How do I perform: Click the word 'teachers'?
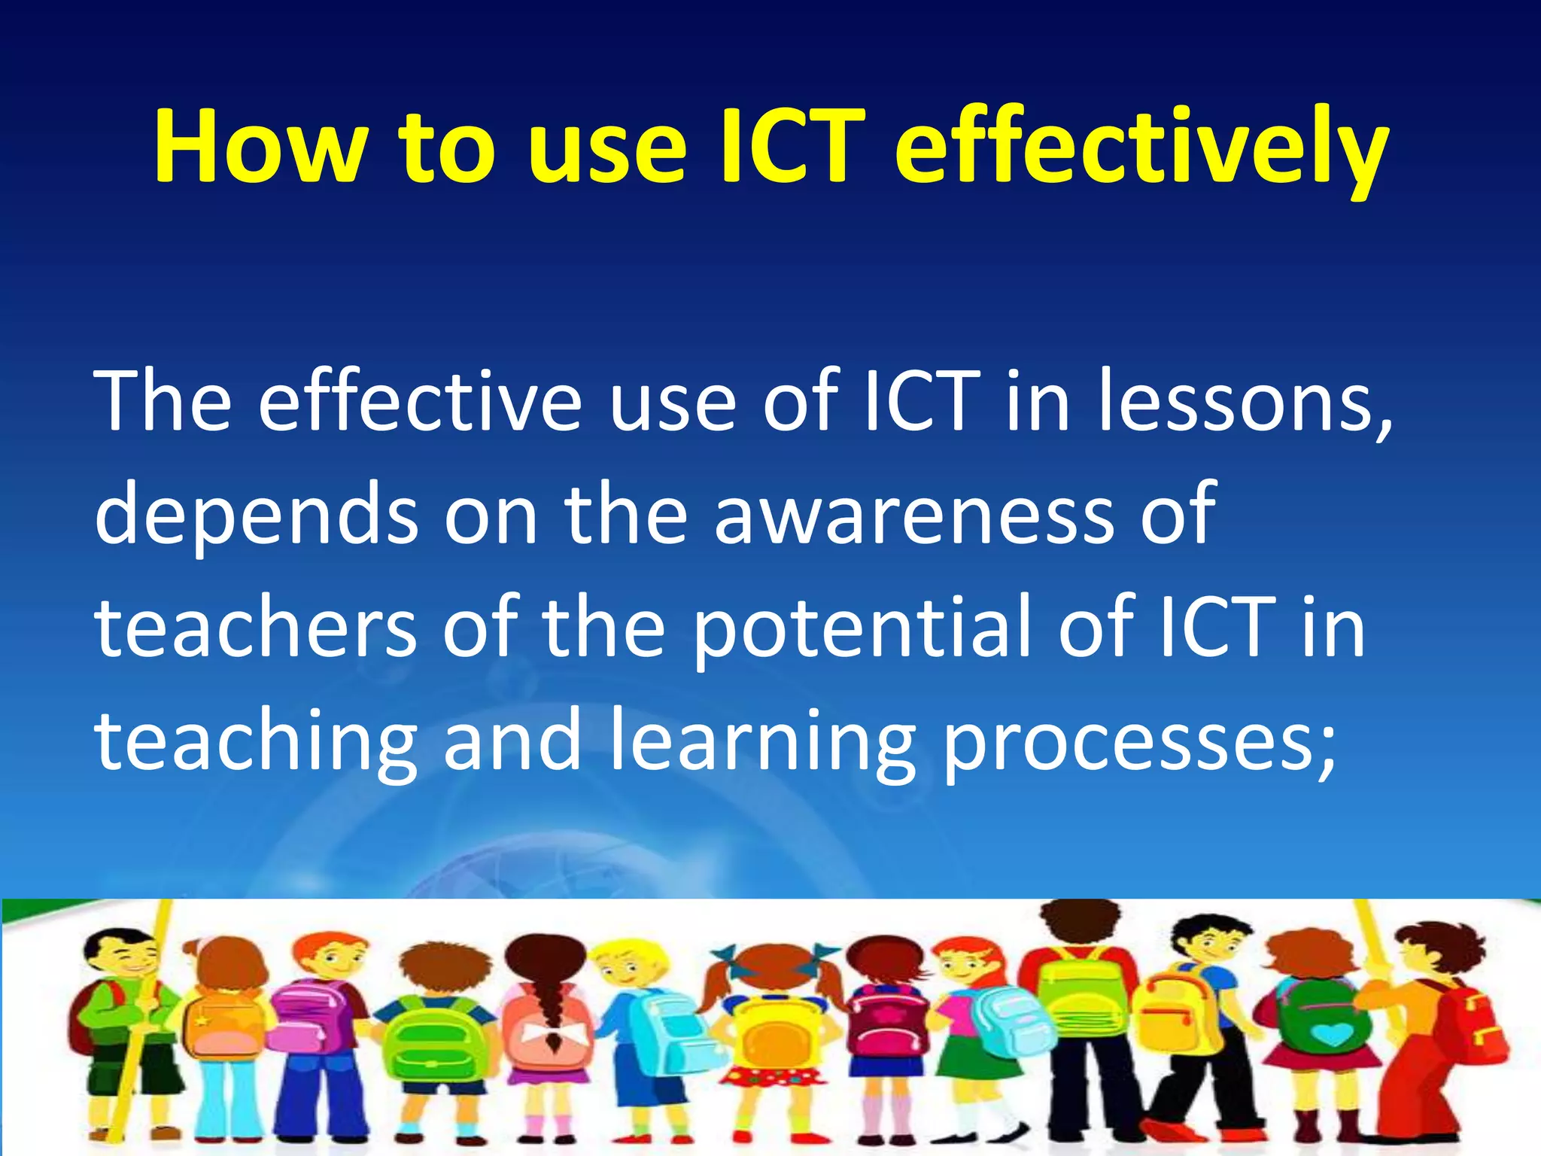click(x=256, y=626)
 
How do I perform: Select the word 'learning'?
click(x=762, y=741)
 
